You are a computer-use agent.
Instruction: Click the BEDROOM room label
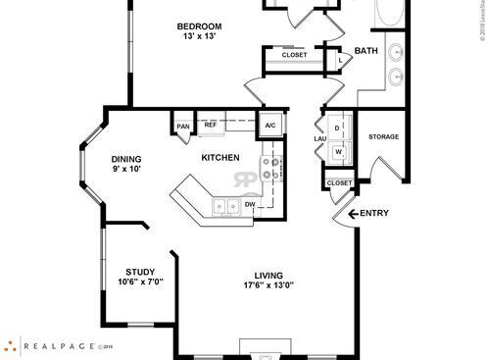click(198, 26)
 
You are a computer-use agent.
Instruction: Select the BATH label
click(366, 51)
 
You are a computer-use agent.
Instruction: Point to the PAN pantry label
click(182, 127)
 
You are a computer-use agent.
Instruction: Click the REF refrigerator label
click(211, 126)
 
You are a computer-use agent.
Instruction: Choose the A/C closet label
click(270, 126)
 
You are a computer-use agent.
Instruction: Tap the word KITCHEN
click(220, 157)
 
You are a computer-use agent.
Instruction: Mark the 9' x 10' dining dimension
click(126, 171)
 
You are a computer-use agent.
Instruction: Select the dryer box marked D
click(338, 129)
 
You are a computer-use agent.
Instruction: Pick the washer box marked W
click(338, 151)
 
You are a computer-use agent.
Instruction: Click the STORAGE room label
click(383, 136)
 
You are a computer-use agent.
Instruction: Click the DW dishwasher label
click(250, 204)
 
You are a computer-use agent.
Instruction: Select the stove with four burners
click(271, 169)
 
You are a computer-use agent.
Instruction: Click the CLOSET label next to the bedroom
click(294, 55)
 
